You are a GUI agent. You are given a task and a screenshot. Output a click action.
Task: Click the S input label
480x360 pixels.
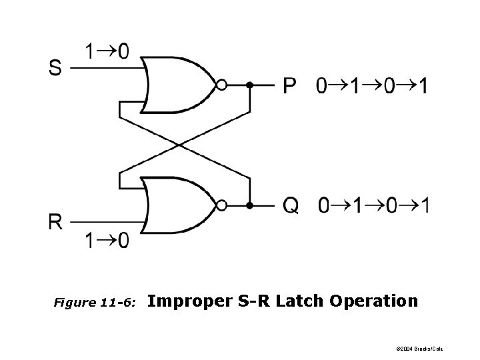[x=56, y=67]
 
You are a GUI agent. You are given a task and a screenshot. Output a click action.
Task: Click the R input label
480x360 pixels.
[x=56, y=222]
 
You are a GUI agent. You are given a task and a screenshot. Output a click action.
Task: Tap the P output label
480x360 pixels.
[x=290, y=86]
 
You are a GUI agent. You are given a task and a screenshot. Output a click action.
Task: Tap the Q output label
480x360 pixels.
[x=291, y=205]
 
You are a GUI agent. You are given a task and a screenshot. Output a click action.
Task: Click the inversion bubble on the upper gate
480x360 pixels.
[x=222, y=85]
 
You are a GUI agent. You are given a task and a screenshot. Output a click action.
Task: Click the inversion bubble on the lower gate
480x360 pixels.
[x=222, y=205]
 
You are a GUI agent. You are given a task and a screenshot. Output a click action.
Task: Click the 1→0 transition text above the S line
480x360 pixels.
[x=106, y=51]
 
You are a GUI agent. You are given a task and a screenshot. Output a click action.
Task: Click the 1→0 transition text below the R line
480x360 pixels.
[x=106, y=240]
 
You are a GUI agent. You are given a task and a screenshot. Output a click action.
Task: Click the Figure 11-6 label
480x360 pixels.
[x=95, y=303]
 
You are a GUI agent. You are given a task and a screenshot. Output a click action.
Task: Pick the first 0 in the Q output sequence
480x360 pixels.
[x=323, y=205]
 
